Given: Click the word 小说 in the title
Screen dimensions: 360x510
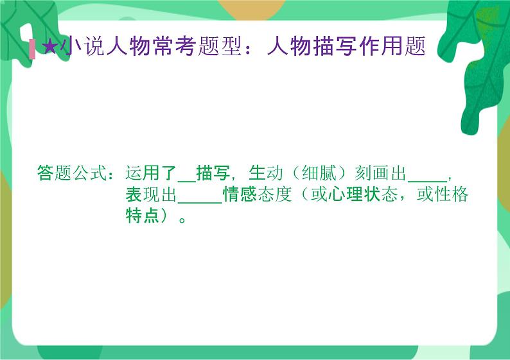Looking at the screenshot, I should pyautogui.click(x=83, y=47).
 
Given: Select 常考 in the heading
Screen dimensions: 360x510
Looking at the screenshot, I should pyautogui.click(x=175, y=47).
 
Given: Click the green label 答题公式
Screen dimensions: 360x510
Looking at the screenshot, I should pyautogui.click(x=71, y=174).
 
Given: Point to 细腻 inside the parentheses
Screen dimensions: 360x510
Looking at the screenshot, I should pyautogui.click(x=319, y=174).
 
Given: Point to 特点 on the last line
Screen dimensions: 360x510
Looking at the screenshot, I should pyautogui.click(x=142, y=216).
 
